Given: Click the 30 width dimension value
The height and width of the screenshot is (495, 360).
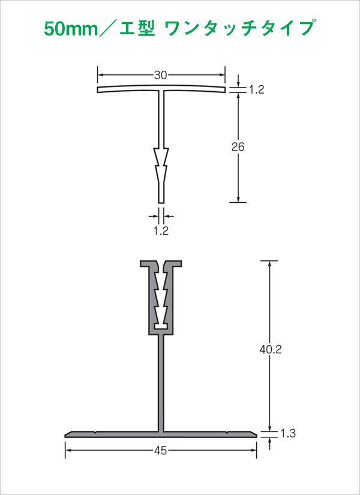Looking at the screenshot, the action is tap(161, 75).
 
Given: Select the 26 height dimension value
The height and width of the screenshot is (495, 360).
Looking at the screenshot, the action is tap(238, 147).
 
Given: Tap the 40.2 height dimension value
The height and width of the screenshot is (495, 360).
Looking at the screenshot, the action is tap(269, 349).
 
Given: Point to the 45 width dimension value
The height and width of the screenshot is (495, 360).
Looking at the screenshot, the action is tap(160, 451).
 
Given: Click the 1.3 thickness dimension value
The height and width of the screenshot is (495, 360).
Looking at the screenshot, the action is tap(287, 434).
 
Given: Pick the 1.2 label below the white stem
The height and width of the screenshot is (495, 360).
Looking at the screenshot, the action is tap(161, 231).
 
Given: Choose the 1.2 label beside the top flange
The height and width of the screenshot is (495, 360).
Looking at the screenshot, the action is tap(256, 90).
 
